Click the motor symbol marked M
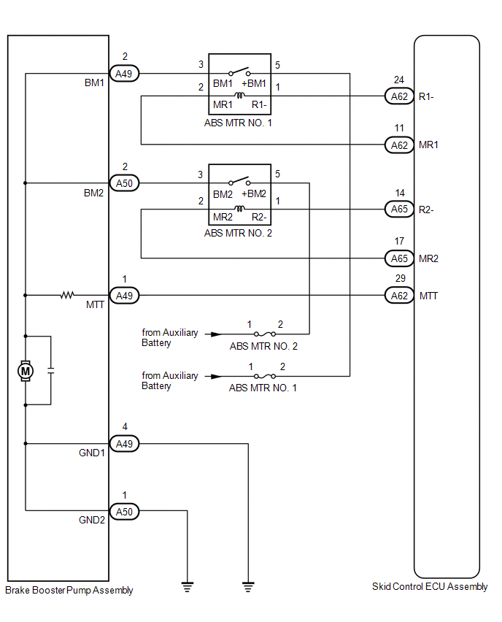point(26,371)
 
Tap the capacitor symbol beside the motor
point(51,371)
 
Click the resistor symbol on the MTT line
point(67,295)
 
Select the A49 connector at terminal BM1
point(124,74)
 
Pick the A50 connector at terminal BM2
point(124,183)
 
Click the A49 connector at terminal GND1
point(124,443)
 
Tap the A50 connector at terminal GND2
point(124,512)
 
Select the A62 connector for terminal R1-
point(399,96)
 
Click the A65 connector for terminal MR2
point(399,258)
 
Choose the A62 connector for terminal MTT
point(399,296)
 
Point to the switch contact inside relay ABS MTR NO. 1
point(239,72)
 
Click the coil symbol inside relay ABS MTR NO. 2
point(239,208)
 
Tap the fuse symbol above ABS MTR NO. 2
point(265,334)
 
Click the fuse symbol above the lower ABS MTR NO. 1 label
point(265,376)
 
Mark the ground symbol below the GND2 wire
point(188,587)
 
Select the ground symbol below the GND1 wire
point(248,587)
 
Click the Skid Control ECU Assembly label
point(430,587)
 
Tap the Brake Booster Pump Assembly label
point(69,591)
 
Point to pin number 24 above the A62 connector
point(399,80)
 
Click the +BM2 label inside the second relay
point(254,193)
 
